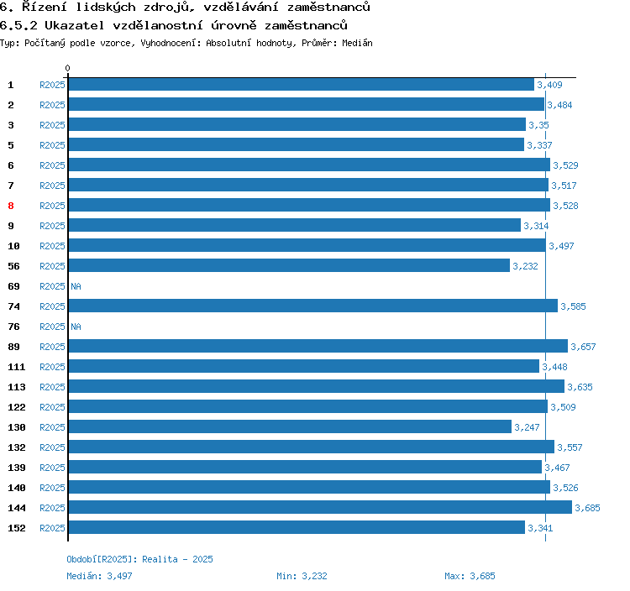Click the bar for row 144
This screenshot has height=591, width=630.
coord(319,507)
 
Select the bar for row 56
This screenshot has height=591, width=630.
coord(289,265)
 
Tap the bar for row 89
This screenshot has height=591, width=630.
coord(318,346)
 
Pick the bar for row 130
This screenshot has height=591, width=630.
coord(290,426)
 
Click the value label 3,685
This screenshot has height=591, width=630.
coord(587,508)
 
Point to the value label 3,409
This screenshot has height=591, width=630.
coord(549,85)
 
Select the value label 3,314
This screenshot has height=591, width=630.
coord(536,226)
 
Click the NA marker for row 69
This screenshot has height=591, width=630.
coord(76,286)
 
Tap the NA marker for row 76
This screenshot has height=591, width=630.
coord(76,327)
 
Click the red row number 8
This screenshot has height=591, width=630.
coord(11,206)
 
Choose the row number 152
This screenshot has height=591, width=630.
coord(17,528)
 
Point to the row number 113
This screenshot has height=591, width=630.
coord(17,387)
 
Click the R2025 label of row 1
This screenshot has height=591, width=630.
coord(52,85)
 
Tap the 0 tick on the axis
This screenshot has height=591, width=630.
coord(68,69)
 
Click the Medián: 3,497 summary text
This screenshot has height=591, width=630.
coord(99,576)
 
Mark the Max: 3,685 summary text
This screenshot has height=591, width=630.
coord(470,576)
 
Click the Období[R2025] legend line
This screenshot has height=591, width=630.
coord(140,559)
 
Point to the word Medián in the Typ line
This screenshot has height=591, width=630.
coord(358,43)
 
